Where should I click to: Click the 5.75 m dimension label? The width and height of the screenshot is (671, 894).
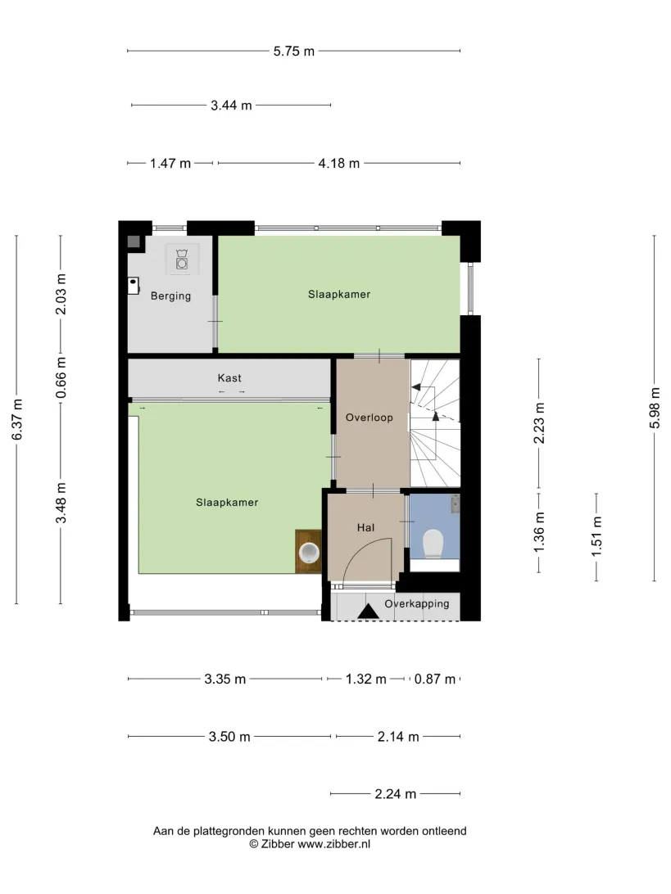point(294,52)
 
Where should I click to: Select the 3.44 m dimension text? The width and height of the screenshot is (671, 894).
point(231,106)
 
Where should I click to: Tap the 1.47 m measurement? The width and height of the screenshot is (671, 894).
point(170,164)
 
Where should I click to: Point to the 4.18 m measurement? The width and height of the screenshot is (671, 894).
point(339,164)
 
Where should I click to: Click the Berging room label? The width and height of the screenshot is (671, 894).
point(170,296)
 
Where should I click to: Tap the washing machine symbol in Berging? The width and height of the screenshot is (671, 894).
point(182,260)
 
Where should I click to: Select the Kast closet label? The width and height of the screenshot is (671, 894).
point(229,378)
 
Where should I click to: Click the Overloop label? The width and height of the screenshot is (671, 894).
point(370,418)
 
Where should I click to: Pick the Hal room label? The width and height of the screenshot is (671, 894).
point(365,528)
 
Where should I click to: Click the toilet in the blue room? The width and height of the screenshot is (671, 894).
point(433,544)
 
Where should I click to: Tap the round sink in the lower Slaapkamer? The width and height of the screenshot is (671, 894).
point(309,552)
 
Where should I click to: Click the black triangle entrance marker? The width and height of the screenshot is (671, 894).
point(368,612)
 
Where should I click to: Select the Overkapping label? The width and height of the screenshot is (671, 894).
point(416,604)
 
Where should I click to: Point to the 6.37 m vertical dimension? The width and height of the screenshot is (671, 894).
point(17,420)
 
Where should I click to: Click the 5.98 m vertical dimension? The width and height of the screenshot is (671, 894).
point(655,409)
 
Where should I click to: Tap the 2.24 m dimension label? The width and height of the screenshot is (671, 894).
point(396,794)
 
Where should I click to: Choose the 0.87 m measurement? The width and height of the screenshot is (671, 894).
point(435,679)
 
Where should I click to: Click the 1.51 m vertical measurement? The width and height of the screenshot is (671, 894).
point(596,536)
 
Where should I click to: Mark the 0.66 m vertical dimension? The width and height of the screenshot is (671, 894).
point(61,378)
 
